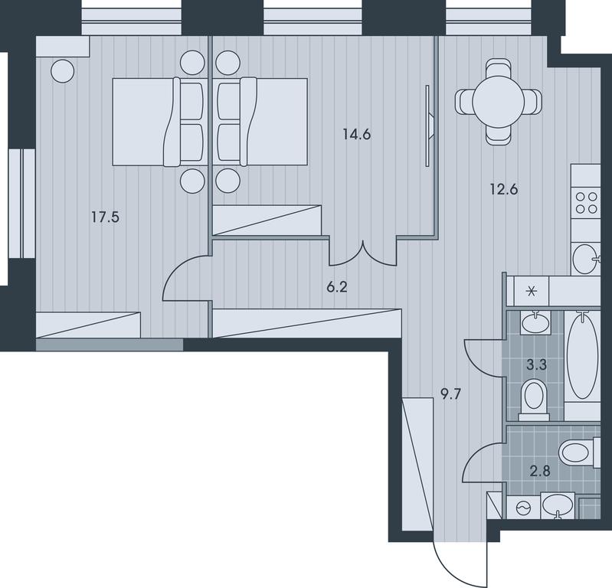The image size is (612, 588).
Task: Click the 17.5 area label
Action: (106, 217)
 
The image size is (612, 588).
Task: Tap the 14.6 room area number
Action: (357, 135)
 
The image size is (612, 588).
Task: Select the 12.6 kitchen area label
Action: (504, 190)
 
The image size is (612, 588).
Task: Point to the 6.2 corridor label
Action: (337, 288)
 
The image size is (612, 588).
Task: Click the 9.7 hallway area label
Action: (451, 395)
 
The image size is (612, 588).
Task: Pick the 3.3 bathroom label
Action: (537, 365)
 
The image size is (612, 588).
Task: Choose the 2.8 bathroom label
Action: (540, 472)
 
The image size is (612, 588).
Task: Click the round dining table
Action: (499, 102)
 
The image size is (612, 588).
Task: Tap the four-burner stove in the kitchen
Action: (586, 203)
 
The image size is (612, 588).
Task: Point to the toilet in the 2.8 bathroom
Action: (579, 452)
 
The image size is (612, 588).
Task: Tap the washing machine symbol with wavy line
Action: (523, 508)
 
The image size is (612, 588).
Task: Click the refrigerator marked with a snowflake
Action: (532, 291)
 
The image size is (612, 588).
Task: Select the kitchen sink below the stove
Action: (586, 259)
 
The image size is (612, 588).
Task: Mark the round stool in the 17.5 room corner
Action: (63, 71)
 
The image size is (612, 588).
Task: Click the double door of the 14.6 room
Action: (363, 254)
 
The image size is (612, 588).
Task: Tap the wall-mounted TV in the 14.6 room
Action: (429, 126)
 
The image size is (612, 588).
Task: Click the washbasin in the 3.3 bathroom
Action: (535, 322)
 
